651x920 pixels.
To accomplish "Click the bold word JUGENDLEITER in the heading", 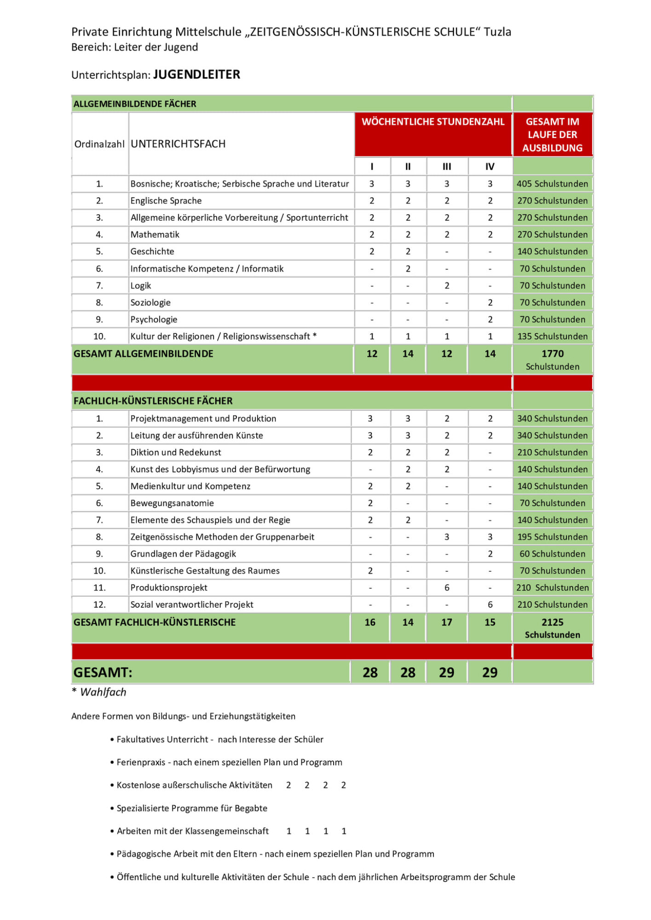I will pyautogui.click(x=196, y=75).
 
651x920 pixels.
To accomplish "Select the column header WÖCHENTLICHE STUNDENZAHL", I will pyautogui.click(x=433, y=122).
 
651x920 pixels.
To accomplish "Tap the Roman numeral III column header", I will pyautogui.click(x=447, y=167).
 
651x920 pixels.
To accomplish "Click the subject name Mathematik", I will pyautogui.click(x=155, y=235).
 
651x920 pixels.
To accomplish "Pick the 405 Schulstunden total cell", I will pyautogui.click(x=552, y=184).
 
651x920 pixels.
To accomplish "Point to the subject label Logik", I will pyautogui.click(x=141, y=286).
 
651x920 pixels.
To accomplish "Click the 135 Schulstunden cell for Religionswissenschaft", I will pyautogui.click(x=552, y=336).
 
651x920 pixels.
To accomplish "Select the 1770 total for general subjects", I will pyautogui.click(x=553, y=354).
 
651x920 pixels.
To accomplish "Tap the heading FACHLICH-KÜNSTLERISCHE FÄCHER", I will pyautogui.click(x=153, y=401).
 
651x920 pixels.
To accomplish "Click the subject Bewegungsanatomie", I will pyautogui.click(x=172, y=503).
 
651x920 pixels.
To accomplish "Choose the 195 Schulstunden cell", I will pyautogui.click(x=552, y=537).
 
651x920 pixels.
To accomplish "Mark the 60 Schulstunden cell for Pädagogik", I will pyautogui.click(x=552, y=554).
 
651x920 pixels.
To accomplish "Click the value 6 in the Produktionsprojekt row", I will pyautogui.click(x=447, y=587).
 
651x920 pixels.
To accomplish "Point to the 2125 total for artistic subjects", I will pyautogui.click(x=553, y=622).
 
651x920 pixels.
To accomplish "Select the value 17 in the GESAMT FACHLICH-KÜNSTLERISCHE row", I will pyautogui.click(x=447, y=622).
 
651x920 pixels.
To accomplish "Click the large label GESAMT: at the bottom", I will pyautogui.click(x=103, y=673).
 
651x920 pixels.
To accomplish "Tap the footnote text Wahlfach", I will pyautogui.click(x=103, y=692).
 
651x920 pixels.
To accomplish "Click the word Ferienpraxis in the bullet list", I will pyautogui.click(x=141, y=762).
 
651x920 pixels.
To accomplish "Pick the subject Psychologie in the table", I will pyautogui.click(x=154, y=319).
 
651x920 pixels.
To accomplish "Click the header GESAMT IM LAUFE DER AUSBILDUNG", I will pyautogui.click(x=553, y=135).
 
